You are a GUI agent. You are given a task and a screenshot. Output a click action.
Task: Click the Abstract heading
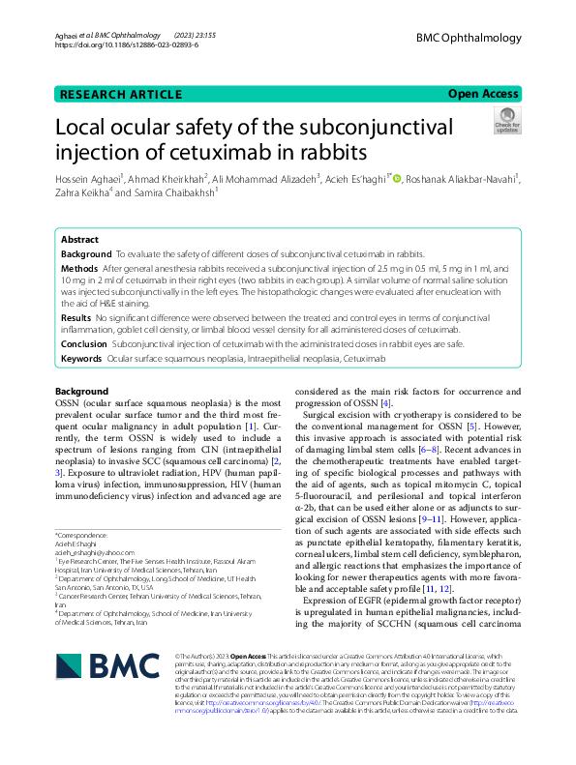pos(79,239)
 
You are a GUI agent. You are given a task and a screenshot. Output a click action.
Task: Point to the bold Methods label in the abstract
pos(79,267)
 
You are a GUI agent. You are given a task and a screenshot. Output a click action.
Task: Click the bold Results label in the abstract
pos(76,317)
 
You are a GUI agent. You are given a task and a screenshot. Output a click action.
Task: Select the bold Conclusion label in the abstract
pos(84,342)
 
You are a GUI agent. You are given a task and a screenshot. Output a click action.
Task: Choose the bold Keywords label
pos(81,359)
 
